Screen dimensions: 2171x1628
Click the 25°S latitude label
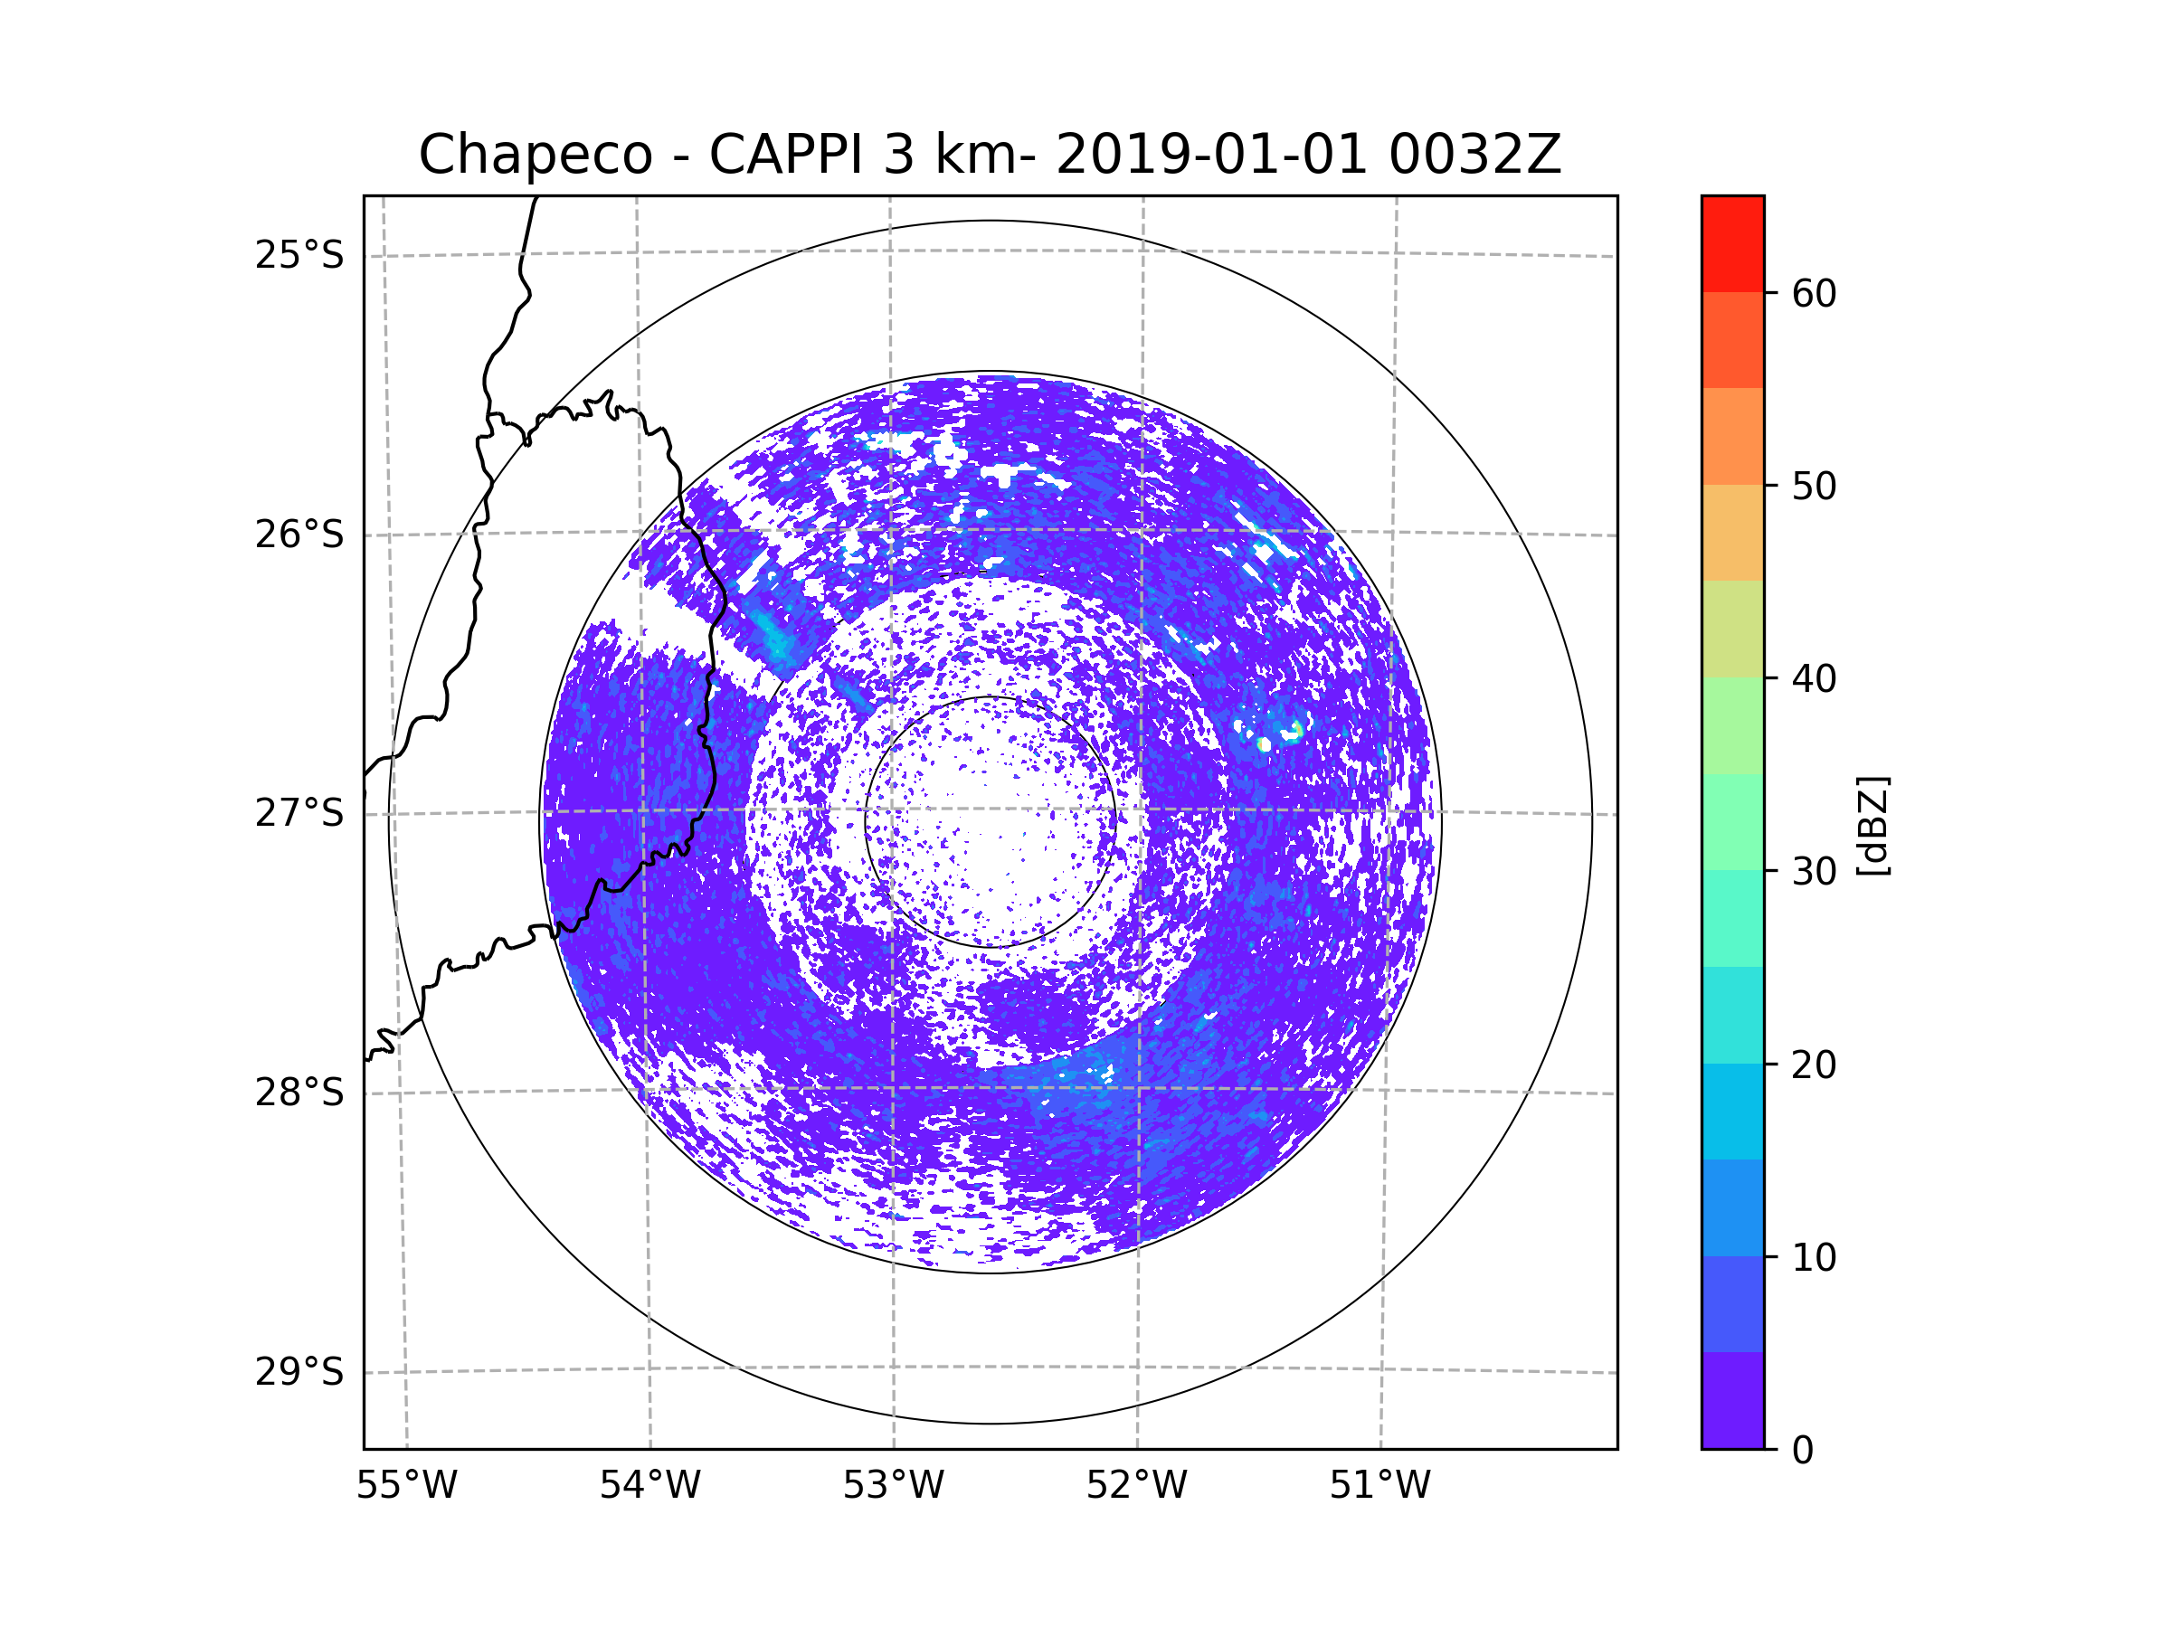[x=299, y=255]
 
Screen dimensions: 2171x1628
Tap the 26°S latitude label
[x=299, y=535]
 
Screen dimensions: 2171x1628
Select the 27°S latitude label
[x=299, y=813]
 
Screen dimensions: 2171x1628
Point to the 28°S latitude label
[x=299, y=1093]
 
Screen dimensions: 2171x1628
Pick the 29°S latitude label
[x=299, y=1372]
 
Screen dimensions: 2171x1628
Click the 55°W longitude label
[x=406, y=1486]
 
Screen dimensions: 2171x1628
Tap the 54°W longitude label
[x=649, y=1486]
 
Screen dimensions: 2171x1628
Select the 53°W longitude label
[x=893, y=1486]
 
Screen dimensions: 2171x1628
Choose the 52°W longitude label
[x=1136, y=1486]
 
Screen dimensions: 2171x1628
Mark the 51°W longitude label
[x=1379, y=1486]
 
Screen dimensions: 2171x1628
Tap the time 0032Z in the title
[x=1474, y=154]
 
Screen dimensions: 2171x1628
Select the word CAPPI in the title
[x=786, y=154]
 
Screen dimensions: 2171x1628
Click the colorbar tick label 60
[x=1814, y=293]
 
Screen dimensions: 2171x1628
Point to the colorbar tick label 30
[x=1814, y=871]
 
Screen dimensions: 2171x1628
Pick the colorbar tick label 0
[x=1803, y=1451]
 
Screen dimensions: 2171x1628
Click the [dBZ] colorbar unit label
[x=1873, y=825]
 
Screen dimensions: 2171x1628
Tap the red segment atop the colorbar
[x=1732, y=243]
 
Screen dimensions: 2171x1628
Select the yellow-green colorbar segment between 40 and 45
[x=1732, y=629]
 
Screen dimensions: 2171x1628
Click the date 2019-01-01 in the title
[x=1211, y=154]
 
